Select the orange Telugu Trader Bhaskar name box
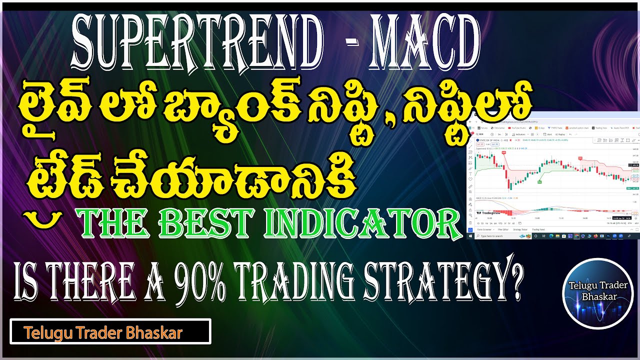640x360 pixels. [x=110, y=332]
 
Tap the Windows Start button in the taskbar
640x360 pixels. [x=470, y=235]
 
